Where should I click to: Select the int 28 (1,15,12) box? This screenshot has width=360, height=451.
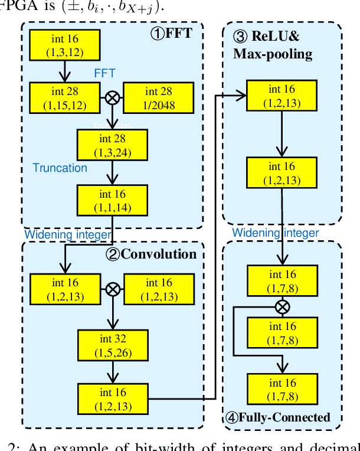[x=66, y=98]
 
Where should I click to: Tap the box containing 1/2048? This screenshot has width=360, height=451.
[x=158, y=98]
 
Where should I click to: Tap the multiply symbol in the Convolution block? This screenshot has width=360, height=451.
[x=112, y=289]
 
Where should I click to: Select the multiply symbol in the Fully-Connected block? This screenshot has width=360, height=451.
[x=283, y=306]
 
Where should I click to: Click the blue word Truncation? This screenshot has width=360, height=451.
[x=60, y=168]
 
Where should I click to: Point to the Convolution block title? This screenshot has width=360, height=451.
[x=158, y=255]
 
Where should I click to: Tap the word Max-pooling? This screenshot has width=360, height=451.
[x=272, y=54]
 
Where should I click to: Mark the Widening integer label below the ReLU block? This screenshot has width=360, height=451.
[x=275, y=233]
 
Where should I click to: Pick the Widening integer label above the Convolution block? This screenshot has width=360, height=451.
[x=67, y=235]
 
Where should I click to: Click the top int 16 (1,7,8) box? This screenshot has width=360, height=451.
[x=283, y=281]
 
